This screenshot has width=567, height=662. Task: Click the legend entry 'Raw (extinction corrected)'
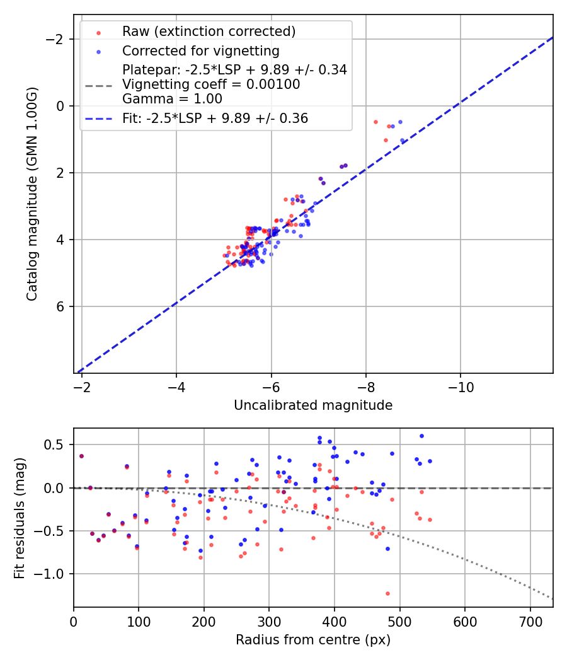click(x=209, y=32)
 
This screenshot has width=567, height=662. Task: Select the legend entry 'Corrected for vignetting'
click(x=201, y=50)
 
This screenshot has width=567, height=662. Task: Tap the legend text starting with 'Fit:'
click(x=215, y=119)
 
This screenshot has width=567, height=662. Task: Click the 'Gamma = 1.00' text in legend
click(x=172, y=99)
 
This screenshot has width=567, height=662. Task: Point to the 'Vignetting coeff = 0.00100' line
click(x=211, y=84)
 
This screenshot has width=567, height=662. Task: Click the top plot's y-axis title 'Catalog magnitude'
click(x=32, y=194)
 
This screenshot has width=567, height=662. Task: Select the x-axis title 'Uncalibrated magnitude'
click(x=313, y=405)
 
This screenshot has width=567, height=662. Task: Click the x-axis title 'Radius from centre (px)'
click(x=313, y=640)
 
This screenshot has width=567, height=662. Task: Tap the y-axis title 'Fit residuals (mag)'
click(x=20, y=518)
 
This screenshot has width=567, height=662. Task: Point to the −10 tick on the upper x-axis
click(x=460, y=386)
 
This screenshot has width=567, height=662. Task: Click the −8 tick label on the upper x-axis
click(x=365, y=386)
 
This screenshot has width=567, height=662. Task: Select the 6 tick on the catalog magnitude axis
click(x=62, y=306)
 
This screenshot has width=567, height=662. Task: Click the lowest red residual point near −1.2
click(x=387, y=593)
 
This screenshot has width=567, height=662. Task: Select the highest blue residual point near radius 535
click(x=421, y=436)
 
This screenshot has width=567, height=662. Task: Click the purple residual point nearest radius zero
click(x=81, y=456)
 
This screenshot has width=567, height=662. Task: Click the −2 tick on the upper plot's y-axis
click(x=59, y=40)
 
